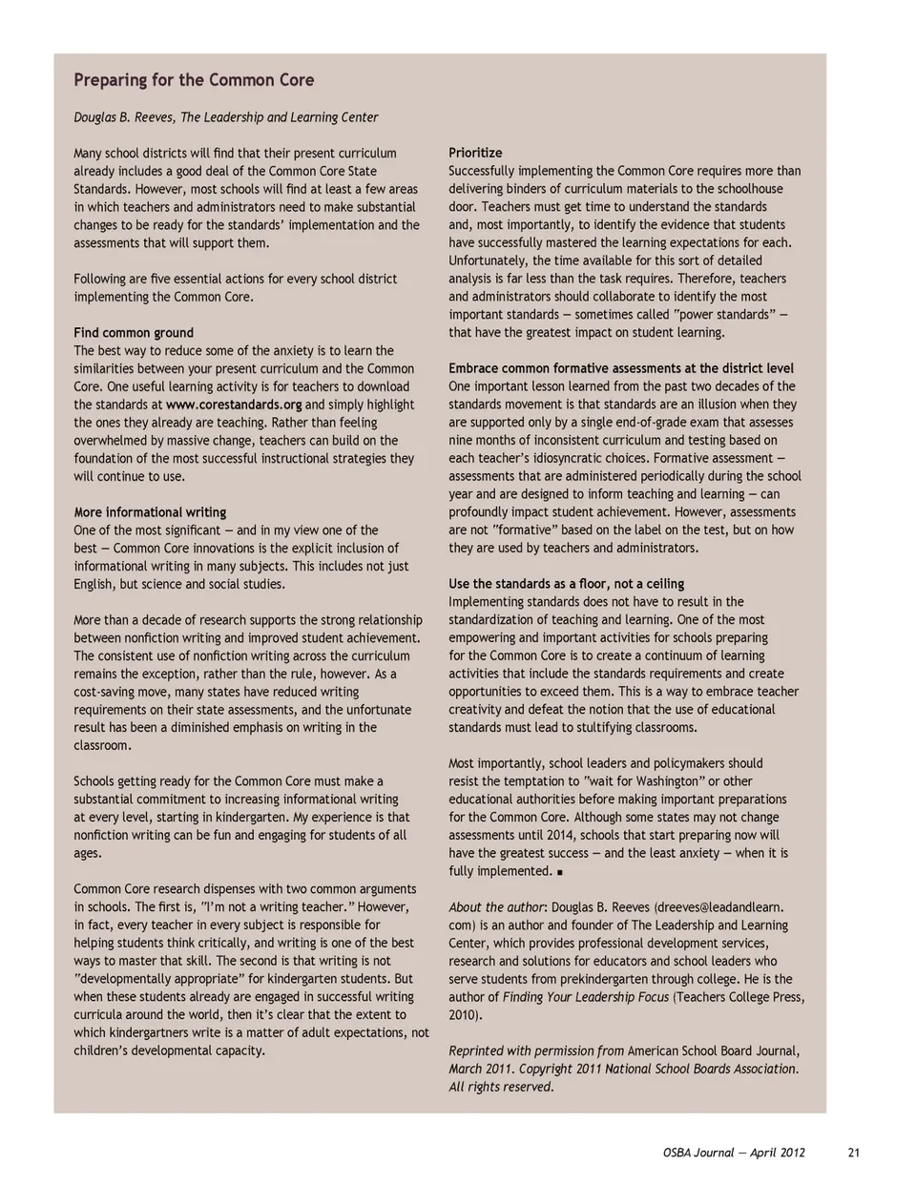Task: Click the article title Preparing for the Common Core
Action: click(194, 80)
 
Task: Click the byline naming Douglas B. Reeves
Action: click(226, 117)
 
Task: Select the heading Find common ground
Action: click(134, 333)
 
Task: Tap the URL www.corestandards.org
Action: click(234, 405)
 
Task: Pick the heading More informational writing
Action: click(150, 512)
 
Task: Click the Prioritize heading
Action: click(475, 153)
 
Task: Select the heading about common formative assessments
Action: click(620, 368)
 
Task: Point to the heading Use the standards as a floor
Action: click(566, 584)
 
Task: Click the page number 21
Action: click(853, 1153)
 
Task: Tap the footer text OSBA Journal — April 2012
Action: click(734, 1153)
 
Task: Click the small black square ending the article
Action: click(559, 872)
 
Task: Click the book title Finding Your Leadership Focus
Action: click(586, 997)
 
